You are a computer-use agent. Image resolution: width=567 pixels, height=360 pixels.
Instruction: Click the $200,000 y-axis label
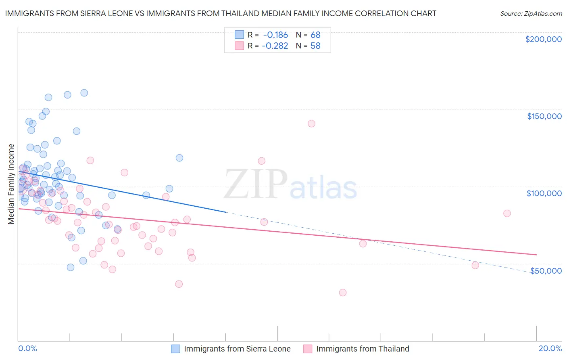click(x=543, y=39)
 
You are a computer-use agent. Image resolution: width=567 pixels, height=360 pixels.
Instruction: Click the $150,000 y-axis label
click(x=544, y=116)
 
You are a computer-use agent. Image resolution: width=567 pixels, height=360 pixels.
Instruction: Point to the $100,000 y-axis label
click(x=544, y=193)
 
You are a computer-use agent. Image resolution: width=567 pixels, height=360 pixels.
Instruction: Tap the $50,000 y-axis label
click(x=546, y=270)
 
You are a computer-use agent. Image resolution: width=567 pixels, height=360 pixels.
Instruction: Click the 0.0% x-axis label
click(x=27, y=348)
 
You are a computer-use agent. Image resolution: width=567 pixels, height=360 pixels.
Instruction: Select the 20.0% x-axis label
click(x=550, y=348)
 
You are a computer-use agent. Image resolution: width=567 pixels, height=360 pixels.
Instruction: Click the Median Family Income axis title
click(x=11, y=184)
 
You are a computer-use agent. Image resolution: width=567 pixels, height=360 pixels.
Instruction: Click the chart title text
click(x=221, y=13)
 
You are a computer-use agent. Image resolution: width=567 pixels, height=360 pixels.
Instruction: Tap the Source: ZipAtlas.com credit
click(x=531, y=13)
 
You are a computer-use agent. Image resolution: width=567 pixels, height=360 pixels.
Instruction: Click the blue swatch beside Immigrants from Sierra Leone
click(x=175, y=349)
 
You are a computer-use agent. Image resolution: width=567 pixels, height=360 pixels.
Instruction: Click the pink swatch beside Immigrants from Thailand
click(x=308, y=349)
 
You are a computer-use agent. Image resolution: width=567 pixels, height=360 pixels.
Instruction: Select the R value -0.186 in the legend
click(x=275, y=35)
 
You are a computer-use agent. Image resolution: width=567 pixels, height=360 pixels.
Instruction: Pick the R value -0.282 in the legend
click(x=275, y=46)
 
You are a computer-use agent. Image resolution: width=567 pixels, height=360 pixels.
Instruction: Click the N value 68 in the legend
click(x=315, y=35)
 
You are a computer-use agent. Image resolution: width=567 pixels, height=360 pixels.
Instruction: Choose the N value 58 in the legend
click(x=315, y=46)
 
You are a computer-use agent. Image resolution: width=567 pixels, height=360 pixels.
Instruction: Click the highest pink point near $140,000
click(x=311, y=123)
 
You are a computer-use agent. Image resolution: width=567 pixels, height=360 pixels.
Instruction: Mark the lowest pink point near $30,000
click(x=343, y=293)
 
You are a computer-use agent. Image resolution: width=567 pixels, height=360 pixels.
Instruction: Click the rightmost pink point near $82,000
click(x=507, y=213)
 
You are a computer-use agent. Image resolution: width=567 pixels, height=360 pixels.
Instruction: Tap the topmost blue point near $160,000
click(x=84, y=93)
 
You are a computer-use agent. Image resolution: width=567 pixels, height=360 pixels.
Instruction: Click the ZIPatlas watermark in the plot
click(x=290, y=185)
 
